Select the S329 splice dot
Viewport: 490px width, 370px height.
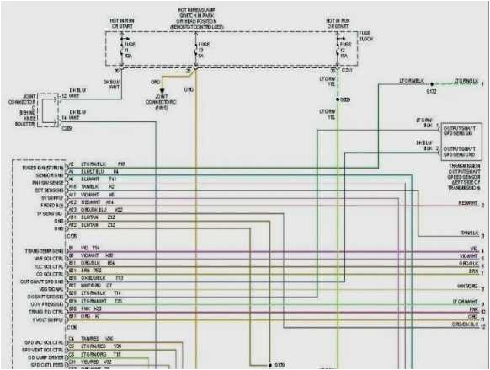(x=338, y=99)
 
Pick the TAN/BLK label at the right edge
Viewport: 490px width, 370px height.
(x=470, y=233)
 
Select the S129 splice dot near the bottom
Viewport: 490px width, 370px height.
(x=263, y=364)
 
